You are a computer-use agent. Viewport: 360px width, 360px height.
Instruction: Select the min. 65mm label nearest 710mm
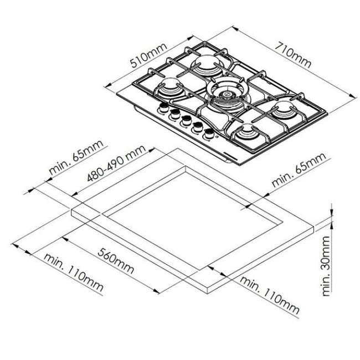297,171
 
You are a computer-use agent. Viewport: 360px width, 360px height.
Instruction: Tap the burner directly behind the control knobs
169,89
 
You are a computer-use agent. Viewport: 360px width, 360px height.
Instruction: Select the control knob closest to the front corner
209,133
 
